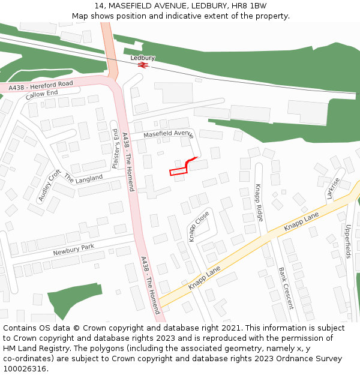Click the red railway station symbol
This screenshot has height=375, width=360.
coord(143,65)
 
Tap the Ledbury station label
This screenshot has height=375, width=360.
coord(143,58)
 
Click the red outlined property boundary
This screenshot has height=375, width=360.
coord(178,172)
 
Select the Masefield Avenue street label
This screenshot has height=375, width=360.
coord(168,133)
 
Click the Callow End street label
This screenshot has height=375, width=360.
coord(41,94)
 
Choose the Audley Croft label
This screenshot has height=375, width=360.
coord(50,185)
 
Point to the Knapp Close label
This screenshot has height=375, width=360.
coord(199,226)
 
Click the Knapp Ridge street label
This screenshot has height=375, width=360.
coord(259,202)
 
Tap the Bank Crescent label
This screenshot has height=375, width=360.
coord(286,287)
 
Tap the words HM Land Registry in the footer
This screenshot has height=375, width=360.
coord(34,348)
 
